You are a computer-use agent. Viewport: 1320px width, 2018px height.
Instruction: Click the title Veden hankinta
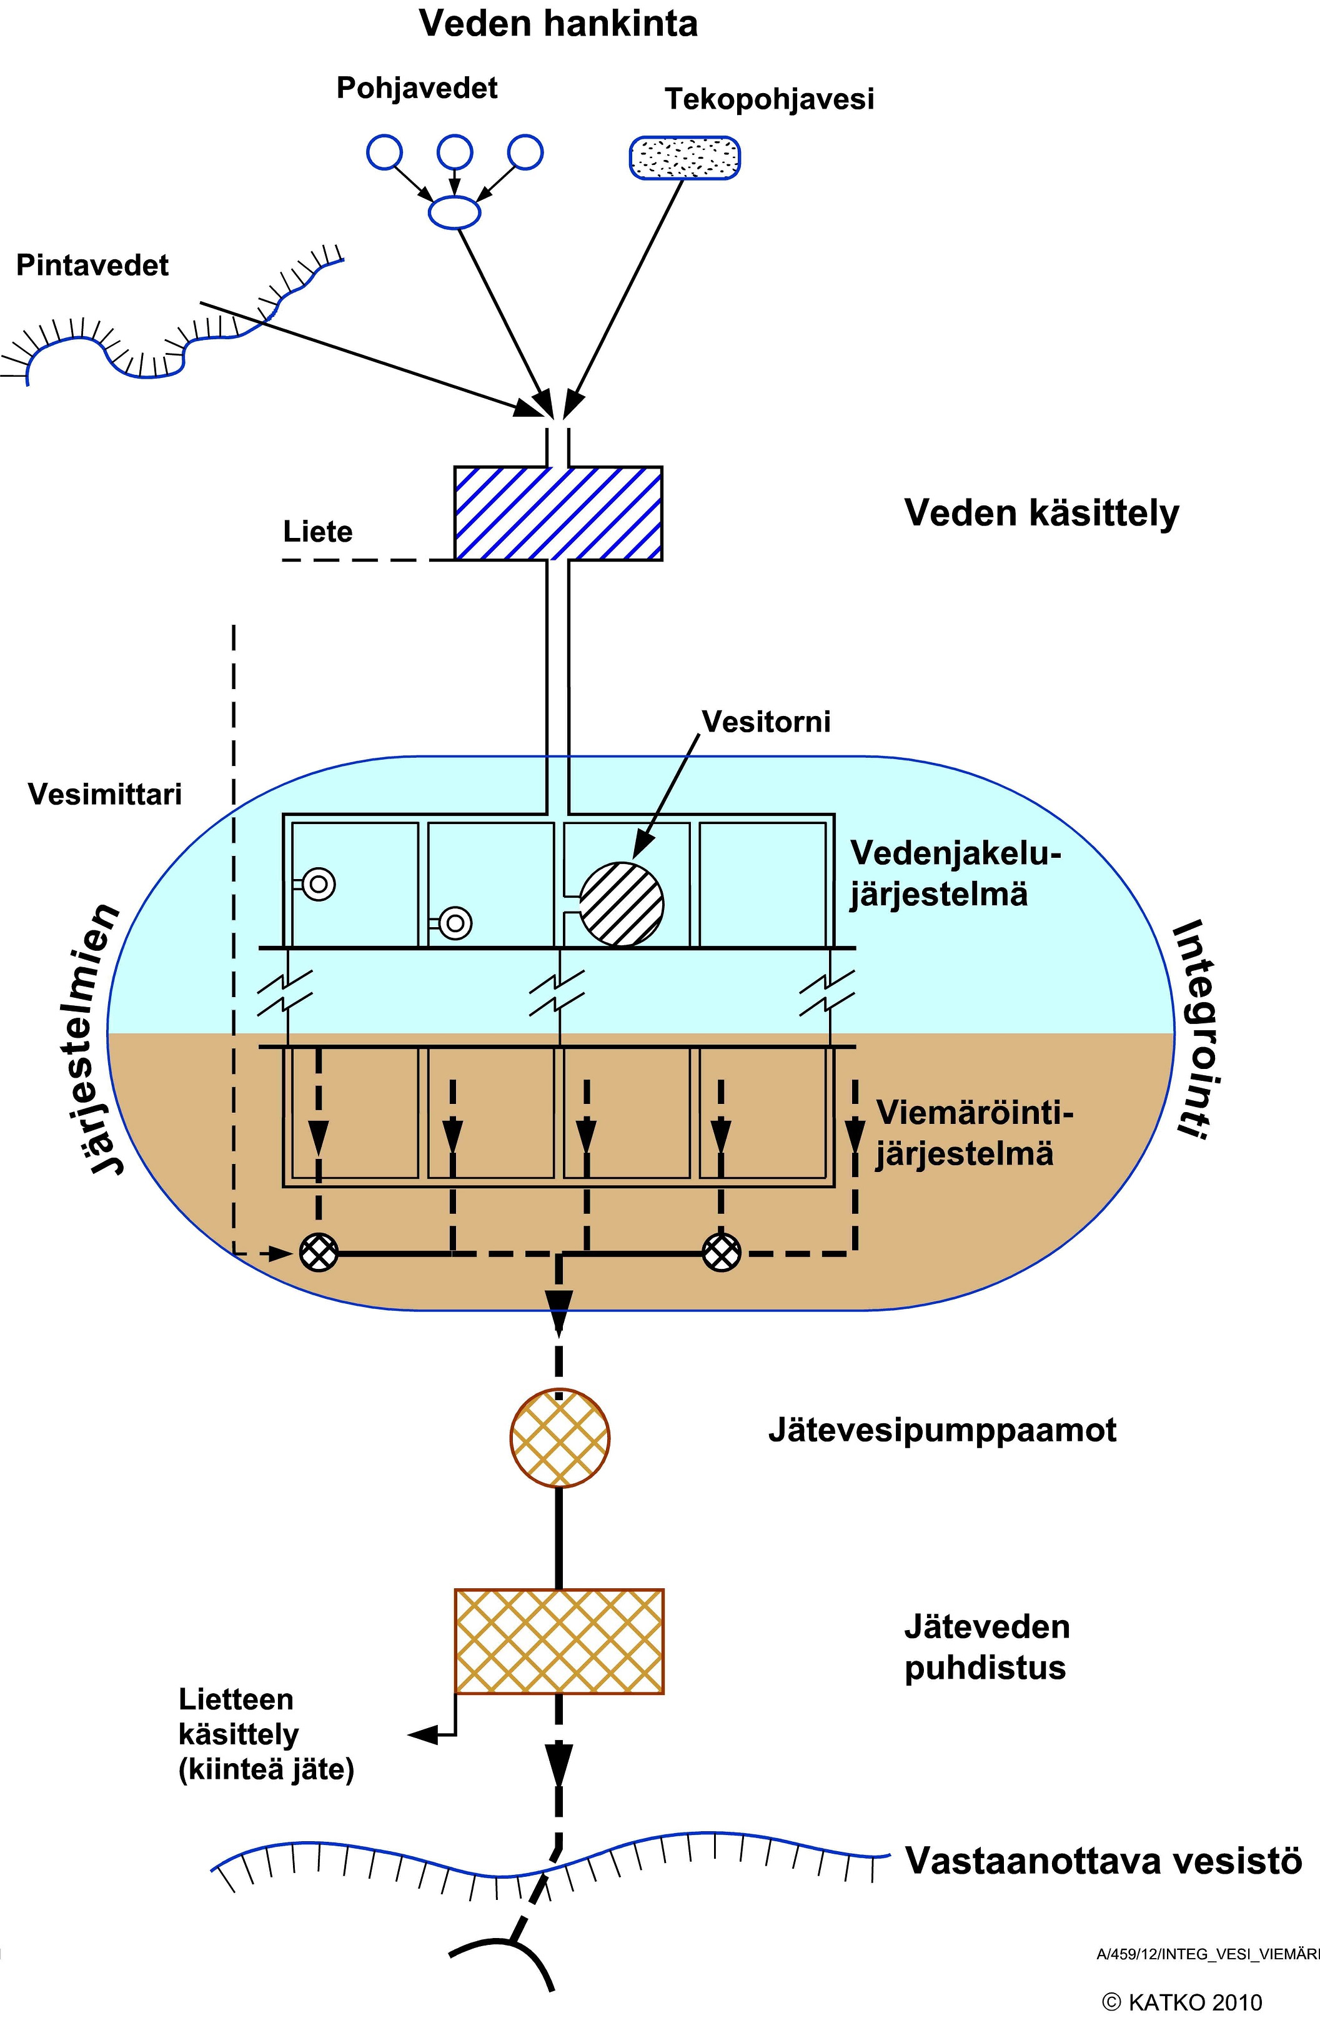(x=558, y=24)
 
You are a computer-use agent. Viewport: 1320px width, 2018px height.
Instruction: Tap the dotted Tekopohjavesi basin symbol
(x=684, y=157)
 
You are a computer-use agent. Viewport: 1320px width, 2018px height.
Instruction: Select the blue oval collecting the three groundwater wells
(x=454, y=211)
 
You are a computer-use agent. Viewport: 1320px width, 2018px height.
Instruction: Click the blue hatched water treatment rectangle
(x=558, y=513)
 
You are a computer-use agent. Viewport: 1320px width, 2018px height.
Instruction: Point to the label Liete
(x=318, y=532)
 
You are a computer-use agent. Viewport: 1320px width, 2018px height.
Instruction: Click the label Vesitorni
(x=765, y=722)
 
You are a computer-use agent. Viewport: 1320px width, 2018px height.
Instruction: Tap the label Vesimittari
(x=104, y=795)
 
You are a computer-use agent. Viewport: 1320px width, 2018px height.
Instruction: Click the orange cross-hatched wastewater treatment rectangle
(x=558, y=1641)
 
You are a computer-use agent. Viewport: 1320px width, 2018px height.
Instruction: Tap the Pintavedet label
(x=92, y=266)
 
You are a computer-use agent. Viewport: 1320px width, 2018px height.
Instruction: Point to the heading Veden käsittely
(x=1041, y=513)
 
